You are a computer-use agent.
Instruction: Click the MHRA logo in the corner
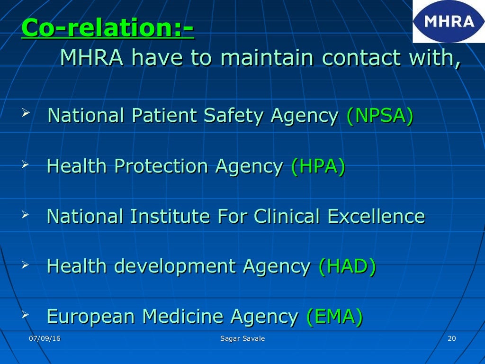[x=448, y=21]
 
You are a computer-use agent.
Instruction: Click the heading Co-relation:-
[x=108, y=28]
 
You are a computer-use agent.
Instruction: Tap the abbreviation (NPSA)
[x=380, y=116]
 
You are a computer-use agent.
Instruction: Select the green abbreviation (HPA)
[x=318, y=166]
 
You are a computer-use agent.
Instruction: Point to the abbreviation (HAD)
[x=347, y=266]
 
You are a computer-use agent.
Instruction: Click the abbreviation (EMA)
[x=334, y=316]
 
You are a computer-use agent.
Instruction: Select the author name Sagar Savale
[x=242, y=338]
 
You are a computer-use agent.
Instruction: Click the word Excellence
[x=376, y=216]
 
